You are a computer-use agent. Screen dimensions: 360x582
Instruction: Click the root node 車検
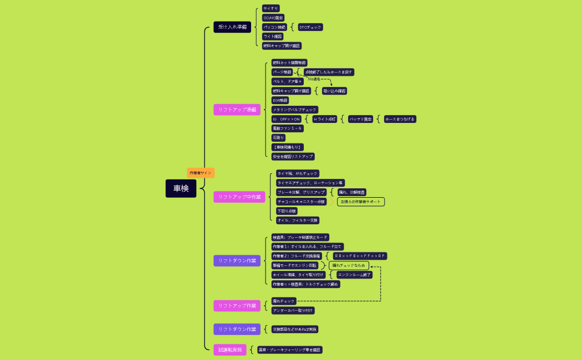click(181, 188)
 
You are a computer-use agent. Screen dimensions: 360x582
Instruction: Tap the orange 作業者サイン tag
click(201, 173)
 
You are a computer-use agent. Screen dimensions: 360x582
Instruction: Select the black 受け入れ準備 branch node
click(232, 27)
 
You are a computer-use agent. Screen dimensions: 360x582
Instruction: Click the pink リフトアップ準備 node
click(237, 110)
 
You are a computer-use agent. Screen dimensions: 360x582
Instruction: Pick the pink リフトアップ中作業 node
click(239, 197)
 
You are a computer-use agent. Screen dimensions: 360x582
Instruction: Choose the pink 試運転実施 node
click(230, 349)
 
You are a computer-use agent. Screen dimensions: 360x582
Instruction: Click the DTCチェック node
click(310, 27)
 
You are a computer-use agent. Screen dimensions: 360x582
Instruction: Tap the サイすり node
click(270, 8)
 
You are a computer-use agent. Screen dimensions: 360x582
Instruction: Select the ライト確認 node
click(273, 37)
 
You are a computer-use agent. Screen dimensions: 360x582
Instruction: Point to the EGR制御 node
click(280, 100)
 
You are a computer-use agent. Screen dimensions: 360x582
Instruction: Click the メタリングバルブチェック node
click(294, 110)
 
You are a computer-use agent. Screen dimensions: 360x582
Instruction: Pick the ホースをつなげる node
click(400, 119)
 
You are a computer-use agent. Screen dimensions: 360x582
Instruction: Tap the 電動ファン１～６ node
click(287, 128)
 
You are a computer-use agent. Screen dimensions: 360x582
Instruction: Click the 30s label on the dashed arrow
click(314, 79)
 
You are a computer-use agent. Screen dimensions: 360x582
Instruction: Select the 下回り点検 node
click(287, 211)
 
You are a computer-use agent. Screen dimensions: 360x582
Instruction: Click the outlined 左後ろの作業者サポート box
click(361, 202)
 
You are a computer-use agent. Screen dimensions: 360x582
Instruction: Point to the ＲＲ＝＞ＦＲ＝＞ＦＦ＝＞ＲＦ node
click(360, 256)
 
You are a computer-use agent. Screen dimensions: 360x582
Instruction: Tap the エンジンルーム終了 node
click(354, 275)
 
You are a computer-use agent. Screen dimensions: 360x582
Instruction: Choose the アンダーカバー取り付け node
click(293, 311)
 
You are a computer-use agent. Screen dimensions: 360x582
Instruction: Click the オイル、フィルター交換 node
click(298, 220)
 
